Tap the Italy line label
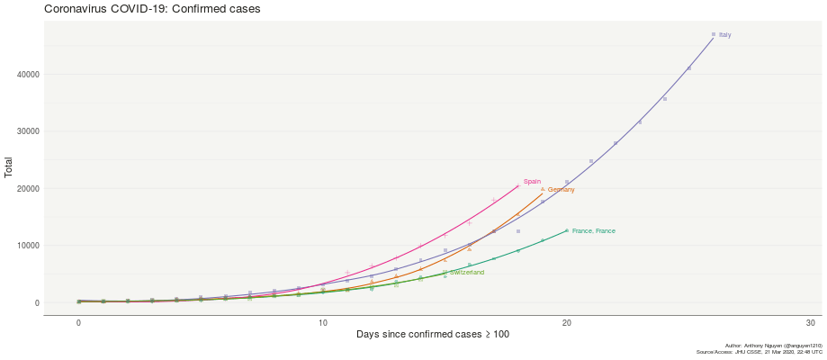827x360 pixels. [x=724, y=35]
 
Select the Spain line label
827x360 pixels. [x=532, y=182]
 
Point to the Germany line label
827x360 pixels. [x=561, y=190]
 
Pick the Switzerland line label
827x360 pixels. [x=467, y=273]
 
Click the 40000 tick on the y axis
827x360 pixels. [x=28, y=75]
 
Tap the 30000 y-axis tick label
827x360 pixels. [x=28, y=131]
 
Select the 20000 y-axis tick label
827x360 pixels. [x=28, y=189]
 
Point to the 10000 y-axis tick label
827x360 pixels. [x=28, y=246]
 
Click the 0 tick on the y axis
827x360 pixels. [x=37, y=303]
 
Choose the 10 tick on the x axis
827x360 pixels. [x=323, y=324]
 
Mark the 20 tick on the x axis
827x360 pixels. [x=567, y=324]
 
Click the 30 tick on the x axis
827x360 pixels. [x=811, y=324]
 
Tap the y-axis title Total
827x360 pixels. [x=9, y=167]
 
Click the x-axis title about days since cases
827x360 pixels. [x=432, y=335]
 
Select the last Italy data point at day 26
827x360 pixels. [x=714, y=34]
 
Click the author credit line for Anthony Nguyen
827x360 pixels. [x=773, y=346]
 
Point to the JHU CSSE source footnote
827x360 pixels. [x=760, y=352]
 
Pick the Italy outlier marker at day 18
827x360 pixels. [x=518, y=231]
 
